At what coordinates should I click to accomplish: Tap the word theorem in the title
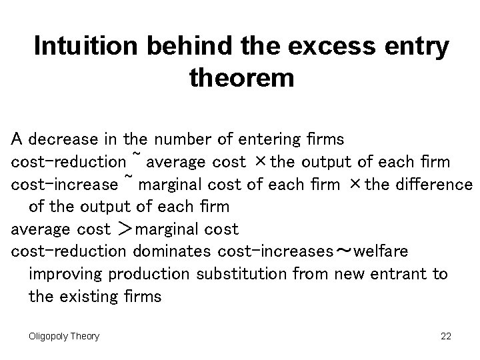click(241, 79)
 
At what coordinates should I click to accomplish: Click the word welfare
click(381, 251)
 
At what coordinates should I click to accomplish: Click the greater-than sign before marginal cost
click(124, 229)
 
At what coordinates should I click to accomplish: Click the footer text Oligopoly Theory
click(64, 336)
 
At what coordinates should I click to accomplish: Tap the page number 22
click(446, 336)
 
